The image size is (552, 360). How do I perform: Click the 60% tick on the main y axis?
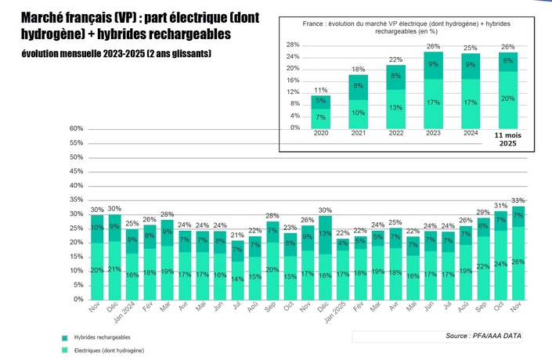pos(76,129)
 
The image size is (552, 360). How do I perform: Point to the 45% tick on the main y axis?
pos(76,171)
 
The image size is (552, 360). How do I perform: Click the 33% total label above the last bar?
pos(518,200)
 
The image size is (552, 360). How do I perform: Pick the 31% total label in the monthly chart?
pos(500,206)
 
